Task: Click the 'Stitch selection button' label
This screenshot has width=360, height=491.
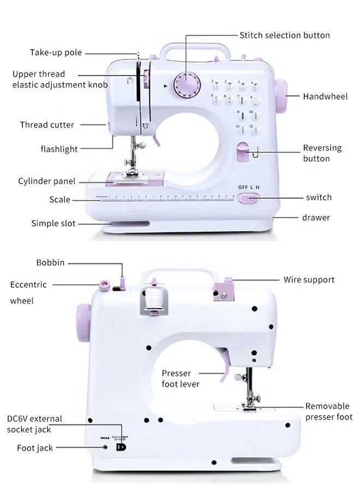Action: (285, 35)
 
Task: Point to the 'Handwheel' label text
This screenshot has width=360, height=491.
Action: (325, 97)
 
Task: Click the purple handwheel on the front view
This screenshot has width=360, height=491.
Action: (281, 96)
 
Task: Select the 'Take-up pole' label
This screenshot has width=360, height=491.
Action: (56, 53)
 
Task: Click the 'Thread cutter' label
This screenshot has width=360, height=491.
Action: (47, 125)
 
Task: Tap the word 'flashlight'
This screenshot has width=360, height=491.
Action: (59, 149)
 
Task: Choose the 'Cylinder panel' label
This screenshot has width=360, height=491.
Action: (46, 181)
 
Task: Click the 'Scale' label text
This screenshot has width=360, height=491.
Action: (59, 200)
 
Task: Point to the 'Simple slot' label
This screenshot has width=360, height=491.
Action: (53, 223)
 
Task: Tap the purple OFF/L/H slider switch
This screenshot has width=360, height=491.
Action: (248, 199)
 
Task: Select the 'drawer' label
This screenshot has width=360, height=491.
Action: (316, 218)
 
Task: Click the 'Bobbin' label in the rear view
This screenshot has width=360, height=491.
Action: (50, 263)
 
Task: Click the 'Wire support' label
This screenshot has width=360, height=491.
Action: (309, 280)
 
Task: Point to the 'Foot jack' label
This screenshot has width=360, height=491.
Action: (35, 448)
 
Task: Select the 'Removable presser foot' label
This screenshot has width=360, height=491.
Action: (328, 411)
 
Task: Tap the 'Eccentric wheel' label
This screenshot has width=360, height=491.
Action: (28, 292)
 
